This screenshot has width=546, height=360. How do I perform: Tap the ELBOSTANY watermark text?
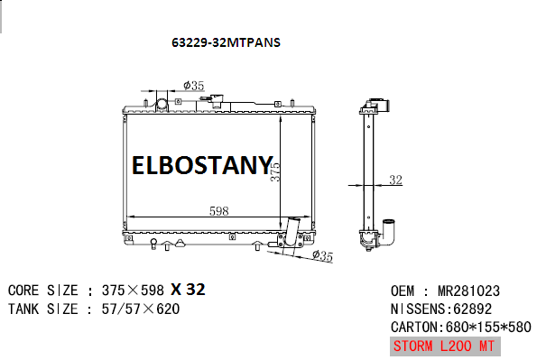(201, 166)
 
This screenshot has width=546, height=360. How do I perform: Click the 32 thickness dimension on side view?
(395, 180)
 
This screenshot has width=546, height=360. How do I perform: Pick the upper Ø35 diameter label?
(193, 85)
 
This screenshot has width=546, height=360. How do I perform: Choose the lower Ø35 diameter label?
(322, 256)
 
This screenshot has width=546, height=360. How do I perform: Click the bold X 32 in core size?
(188, 290)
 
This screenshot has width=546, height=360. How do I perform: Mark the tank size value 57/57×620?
(139, 309)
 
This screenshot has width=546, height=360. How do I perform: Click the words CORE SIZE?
(42, 291)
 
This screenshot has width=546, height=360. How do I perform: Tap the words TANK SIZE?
(42, 309)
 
